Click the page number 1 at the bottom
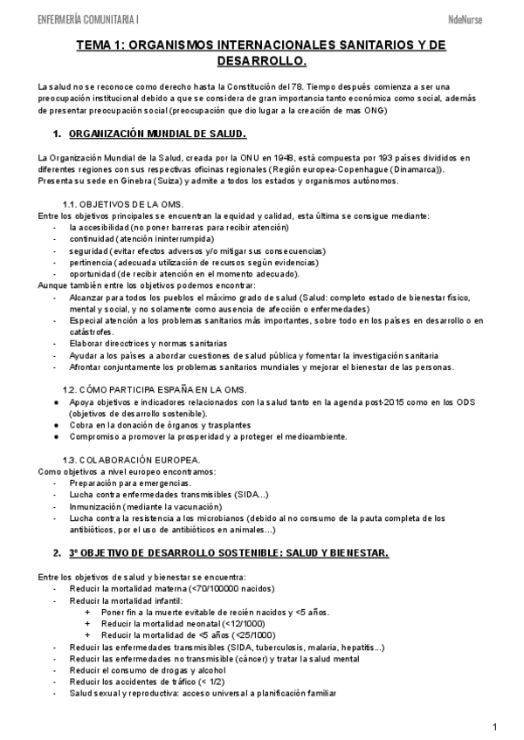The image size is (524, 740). pos(494,726)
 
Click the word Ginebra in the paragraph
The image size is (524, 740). pos(133,182)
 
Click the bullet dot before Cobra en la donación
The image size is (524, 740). pos(56,424)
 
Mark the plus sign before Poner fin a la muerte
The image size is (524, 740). pos(86,613)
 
